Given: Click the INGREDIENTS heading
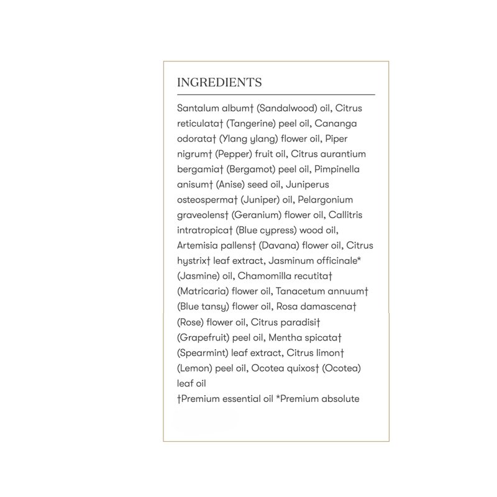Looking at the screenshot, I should tap(219, 83).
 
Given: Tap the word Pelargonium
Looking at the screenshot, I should tap(333, 199).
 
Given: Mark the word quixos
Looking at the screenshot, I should tap(301, 368).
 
